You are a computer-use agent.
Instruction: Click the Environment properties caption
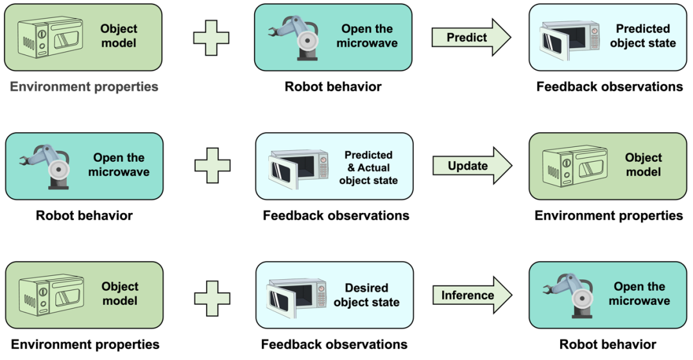84,87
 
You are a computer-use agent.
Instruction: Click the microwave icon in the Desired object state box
296,296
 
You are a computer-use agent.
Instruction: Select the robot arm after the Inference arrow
568,295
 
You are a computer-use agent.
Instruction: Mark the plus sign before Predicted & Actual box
212,166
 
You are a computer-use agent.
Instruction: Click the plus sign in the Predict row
211,37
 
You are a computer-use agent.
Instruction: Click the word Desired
366,288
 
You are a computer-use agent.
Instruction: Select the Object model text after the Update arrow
643,165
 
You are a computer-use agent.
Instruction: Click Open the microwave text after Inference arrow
639,294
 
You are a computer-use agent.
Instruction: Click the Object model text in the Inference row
120,294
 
